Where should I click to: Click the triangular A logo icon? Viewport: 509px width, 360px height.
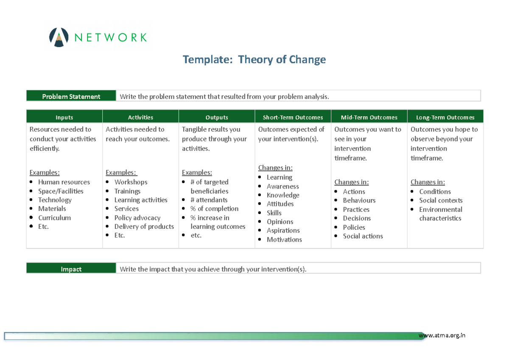(x=59, y=37)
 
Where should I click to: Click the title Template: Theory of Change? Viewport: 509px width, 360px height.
(x=254, y=59)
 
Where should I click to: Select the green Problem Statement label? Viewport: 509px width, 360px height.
(x=71, y=96)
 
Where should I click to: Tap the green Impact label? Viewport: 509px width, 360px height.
(x=71, y=269)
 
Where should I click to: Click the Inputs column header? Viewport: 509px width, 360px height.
(x=64, y=117)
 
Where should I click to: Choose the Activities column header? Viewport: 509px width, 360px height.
(x=140, y=117)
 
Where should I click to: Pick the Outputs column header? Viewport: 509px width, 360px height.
(x=217, y=117)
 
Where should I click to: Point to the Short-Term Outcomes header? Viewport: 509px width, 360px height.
(x=293, y=117)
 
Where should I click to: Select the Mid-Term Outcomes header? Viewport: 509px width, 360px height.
(x=369, y=117)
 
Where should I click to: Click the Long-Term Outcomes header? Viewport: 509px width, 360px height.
(x=445, y=117)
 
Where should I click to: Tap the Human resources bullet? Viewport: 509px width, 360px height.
(x=64, y=182)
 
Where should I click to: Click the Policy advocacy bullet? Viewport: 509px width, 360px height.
(x=137, y=218)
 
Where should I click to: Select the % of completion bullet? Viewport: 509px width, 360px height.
(x=214, y=209)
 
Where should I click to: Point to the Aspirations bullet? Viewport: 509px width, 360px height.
(x=283, y=231)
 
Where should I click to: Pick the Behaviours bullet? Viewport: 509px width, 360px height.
(x=359, y=200)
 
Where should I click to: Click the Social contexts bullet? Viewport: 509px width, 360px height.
(x=440, y=200)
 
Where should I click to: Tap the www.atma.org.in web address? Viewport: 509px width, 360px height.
(x=442, y=335)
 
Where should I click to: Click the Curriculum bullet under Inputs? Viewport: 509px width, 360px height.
(x=54, y=218)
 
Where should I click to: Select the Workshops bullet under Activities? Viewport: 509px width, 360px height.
(x=131, y=182)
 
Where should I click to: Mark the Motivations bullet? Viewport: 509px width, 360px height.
(x=284, y=239)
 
